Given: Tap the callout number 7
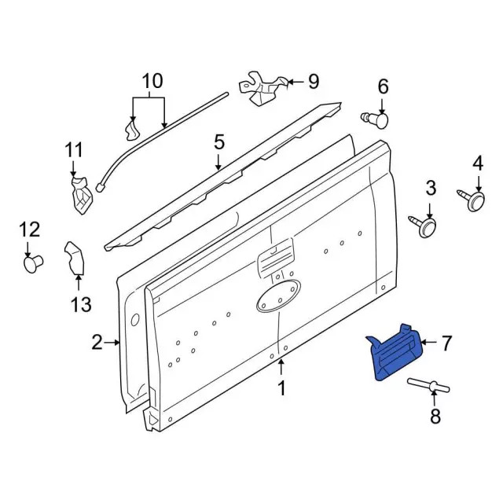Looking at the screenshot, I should coord(446,343).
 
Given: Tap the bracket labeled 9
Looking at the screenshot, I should coord(262,87).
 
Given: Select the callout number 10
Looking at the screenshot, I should coord(151,80).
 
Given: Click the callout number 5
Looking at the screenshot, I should coord(218,142).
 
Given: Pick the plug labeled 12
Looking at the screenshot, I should coord(32,263).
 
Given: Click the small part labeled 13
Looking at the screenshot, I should coord(75,259).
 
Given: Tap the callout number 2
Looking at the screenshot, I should coord(97,342).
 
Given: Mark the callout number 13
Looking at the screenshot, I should coord(80,305).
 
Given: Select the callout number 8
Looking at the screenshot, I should coord(435,417).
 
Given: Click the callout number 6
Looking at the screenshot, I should coord(383,86).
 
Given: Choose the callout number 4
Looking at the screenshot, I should coord(477,163).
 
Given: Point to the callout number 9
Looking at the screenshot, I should coord(313,80).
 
